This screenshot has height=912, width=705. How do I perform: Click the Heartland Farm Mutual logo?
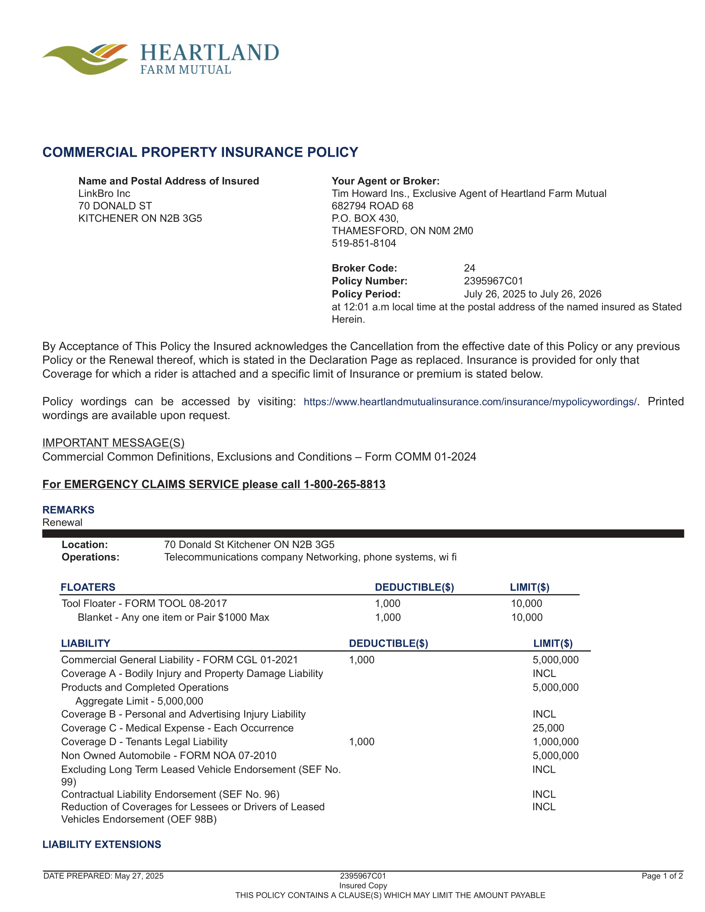[161, 59]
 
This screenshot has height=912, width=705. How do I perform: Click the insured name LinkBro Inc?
[104, 193]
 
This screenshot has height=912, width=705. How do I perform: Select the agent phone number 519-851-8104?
[363, 243]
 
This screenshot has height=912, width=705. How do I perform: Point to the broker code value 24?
[469, 268]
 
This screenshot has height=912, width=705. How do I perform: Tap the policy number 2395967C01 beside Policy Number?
[493, 281]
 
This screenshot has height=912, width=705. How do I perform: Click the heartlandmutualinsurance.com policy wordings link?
[470, 402]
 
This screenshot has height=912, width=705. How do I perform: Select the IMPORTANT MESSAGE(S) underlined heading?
[113, 442]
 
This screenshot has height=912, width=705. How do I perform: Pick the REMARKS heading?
[68, 509]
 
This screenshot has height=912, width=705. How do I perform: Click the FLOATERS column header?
[88, 587]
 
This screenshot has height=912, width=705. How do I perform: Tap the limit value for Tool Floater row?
[526, 603]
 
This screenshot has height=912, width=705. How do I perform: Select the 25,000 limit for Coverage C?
[548, 728]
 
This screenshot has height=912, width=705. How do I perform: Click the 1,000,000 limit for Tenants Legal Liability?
[555, 741]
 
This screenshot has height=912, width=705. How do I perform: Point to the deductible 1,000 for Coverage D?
[361, 741]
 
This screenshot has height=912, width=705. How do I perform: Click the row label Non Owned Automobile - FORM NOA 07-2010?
[169, 755]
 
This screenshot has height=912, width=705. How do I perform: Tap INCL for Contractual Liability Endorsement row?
[544, 794]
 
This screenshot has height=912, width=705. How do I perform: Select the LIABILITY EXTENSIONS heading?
[102, 844]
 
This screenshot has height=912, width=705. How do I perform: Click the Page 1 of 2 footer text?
[661, 876]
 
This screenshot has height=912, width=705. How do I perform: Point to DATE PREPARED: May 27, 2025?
[104, 876]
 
